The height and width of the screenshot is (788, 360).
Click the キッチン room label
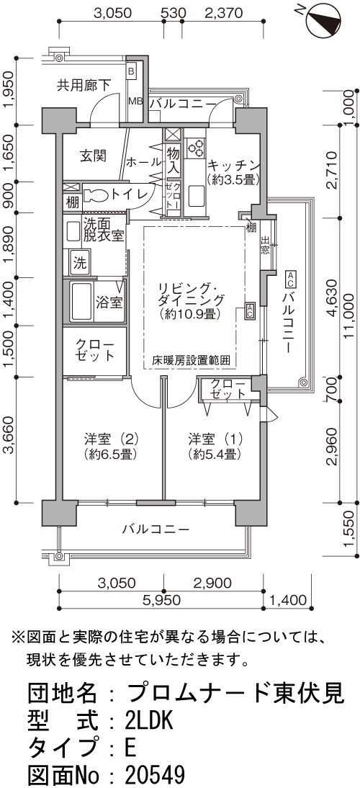pyautogui.click(x=234, y=171)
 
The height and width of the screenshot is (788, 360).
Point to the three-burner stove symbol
pyautogui.click(x=195, y=146)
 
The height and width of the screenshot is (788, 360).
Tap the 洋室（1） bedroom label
pyautogui.click(x=215, y=446)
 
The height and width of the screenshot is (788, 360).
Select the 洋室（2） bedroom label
pyautogui.click(x=111, y=446)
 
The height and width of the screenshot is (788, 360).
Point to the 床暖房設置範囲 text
pyautogui.click(x=192, y=360)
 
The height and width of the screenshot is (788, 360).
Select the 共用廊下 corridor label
pyautogui.click(x=84, y=85)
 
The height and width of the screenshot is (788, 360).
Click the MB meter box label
pyautogui.click(x=135, y=101)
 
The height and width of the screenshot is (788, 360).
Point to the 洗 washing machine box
pyautogui.click(x=81, y=263)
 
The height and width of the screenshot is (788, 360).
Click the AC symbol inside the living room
pyautogui.click(x=250, y=310)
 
